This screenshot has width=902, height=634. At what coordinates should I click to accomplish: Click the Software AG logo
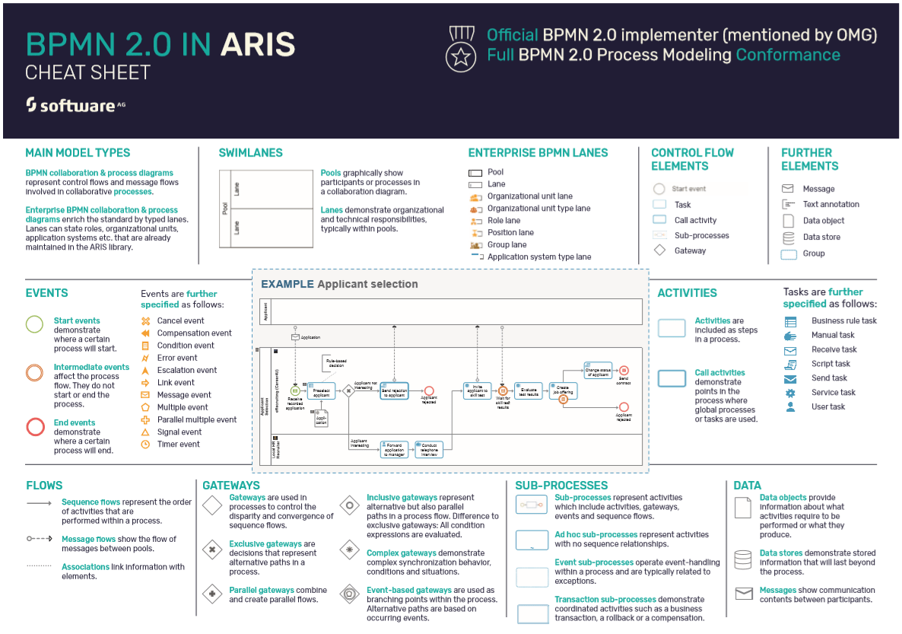pyautogui.click(x=75, y=105)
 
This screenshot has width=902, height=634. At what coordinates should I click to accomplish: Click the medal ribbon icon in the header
pyautogui.click(x=461, y=49)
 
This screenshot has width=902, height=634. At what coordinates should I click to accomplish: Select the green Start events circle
pyautogui.click(x=35, y=325)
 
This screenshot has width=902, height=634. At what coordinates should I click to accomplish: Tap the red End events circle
pyautogui.click(x=35, y=427)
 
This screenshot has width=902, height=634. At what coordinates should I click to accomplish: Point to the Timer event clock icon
pyautogui.click(x=145, y=444)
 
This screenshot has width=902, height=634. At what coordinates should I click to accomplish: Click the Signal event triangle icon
pyautogui.click(x=145, y=432)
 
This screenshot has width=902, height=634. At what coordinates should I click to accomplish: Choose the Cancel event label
pyautogui.click(x=180, y=321)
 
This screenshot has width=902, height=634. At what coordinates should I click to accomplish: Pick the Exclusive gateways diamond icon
pyautogui.click(x=212, y=549)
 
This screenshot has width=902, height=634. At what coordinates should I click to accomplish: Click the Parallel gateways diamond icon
pyautogui.click(x=212, y=594)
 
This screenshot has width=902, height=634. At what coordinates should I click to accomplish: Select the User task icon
pyautogui.click(x=791, y=407)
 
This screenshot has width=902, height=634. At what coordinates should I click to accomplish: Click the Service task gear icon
pyautogui.click(x=791, y=393)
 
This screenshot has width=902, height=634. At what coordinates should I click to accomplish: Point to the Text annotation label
pyautogui.click(x=831, y=205)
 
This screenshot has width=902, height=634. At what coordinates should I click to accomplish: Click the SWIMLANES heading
pyautogui.click(x=250, y=153)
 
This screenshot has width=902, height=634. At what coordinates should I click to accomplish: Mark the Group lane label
pyautogui.click(x=507, y=245)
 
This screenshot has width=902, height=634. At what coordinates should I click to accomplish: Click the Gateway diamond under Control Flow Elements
pyautogui.click(x=659, y=250)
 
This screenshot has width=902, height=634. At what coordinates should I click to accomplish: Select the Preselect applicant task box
pyautogui.click(x=322, y=390)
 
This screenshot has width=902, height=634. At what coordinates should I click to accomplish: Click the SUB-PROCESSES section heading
pyautogui.click(x=561, y=486)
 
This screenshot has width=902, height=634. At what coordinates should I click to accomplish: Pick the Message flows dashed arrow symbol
pyautogui.click(x=39, y=539)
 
